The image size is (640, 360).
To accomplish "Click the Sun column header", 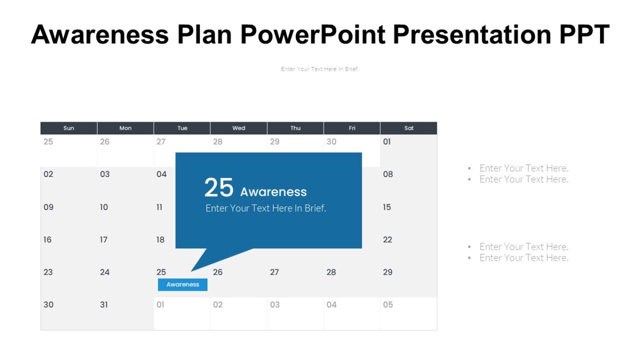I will click(x=69, y=128).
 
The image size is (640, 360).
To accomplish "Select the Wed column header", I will click(x=238, y=128).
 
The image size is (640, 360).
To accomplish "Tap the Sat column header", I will click(x=409, y=128).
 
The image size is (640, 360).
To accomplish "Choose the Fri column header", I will click(x=352, y=128).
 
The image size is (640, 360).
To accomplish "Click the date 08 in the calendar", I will click(x=388, y=174).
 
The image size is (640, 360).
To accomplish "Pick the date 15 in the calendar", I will click(x=387, y=207).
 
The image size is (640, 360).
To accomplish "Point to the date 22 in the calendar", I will click(x=387, y=239).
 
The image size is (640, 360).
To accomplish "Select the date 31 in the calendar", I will click(x=104, y=305).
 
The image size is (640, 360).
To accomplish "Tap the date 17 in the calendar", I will click(x=103, y=239).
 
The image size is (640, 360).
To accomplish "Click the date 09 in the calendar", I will click(x=48, y=207).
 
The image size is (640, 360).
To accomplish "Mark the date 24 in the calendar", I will click(x=105, y=272).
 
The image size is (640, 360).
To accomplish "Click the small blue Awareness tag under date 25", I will click(x=182, y=285).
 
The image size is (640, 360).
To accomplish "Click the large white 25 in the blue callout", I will click(x=219, y=188).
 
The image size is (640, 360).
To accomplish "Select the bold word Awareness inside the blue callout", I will click(x=273, y=192).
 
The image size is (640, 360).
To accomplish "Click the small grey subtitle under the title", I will click(x=319, y=69).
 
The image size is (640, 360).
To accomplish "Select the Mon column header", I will click(x=125, y=128).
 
